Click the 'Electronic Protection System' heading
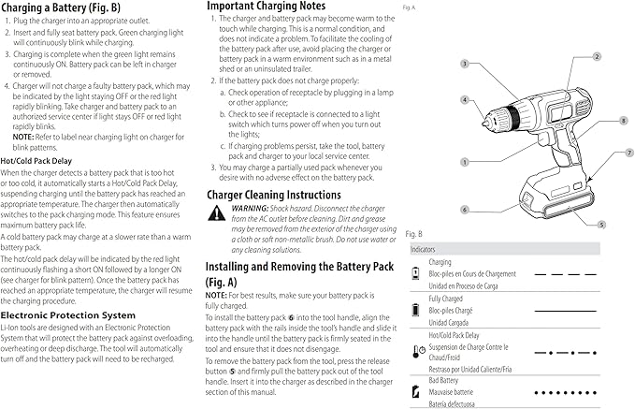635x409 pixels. [78, 314]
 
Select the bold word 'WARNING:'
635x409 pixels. [251, 209]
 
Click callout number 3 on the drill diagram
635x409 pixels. [464, 64]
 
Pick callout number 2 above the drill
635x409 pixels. [596, 56]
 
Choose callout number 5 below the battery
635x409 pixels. [601, 224]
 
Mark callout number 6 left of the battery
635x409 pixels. [464, 209]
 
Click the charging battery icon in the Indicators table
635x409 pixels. [417, 273]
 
